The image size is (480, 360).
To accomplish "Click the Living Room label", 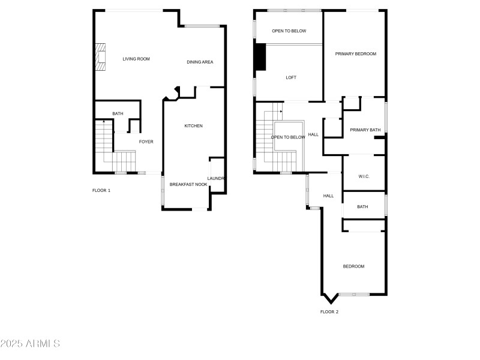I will pyautogui.click(x=136, y=59).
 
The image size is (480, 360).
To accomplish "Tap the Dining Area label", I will pyautogui.click(x=200, y=62).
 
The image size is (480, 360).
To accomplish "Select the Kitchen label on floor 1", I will pyautogui.click(x=193, y=125).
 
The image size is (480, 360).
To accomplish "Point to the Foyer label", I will pyautogui.click(x=146, y=142).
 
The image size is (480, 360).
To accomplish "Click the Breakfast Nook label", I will pyautogui.click(x=188, y=184).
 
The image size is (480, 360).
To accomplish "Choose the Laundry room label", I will pyautogui.click(x=216, y=178).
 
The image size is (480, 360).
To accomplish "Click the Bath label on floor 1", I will pyautogui.click(x=118, y=113).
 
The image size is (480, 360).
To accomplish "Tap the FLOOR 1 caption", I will pyautogui.click(x=101, y=190).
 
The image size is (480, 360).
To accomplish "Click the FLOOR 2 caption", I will pyautogui.click(x=329, y=311).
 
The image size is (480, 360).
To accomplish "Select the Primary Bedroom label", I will pyautogui.click(x=355, y=54).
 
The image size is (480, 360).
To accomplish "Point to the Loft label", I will pyautogui.click(x=291, y=77).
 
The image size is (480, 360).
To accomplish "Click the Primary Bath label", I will pyautogui.click(x=365, y=130).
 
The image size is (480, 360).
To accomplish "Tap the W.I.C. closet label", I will pyautogui.click(x=364, y=176).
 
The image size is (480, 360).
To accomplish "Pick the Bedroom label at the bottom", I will pyautogui.click(x=353, y=266).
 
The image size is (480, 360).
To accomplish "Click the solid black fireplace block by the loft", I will pyautogui.click(x=260, y=57).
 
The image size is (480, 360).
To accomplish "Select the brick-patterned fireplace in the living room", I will pyautogui.click(x=101, y=58).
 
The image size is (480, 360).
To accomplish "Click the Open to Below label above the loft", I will pyautogui.click(x=289, y=31).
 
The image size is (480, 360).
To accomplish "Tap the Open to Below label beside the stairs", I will pyautogui.click(x=288, y=137).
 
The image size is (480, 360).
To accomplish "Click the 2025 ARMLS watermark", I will pyautogui.click(x=30, y=344).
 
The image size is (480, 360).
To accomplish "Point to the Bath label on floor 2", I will pyautogui.click(x=362, y=207).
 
